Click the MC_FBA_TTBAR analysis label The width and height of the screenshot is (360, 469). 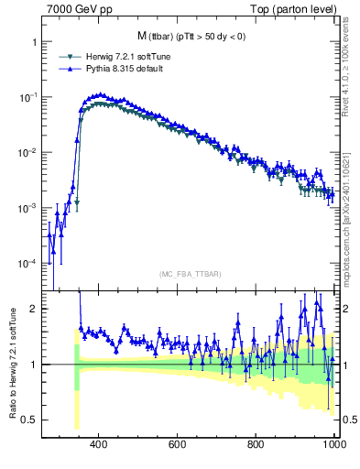point(189,274)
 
